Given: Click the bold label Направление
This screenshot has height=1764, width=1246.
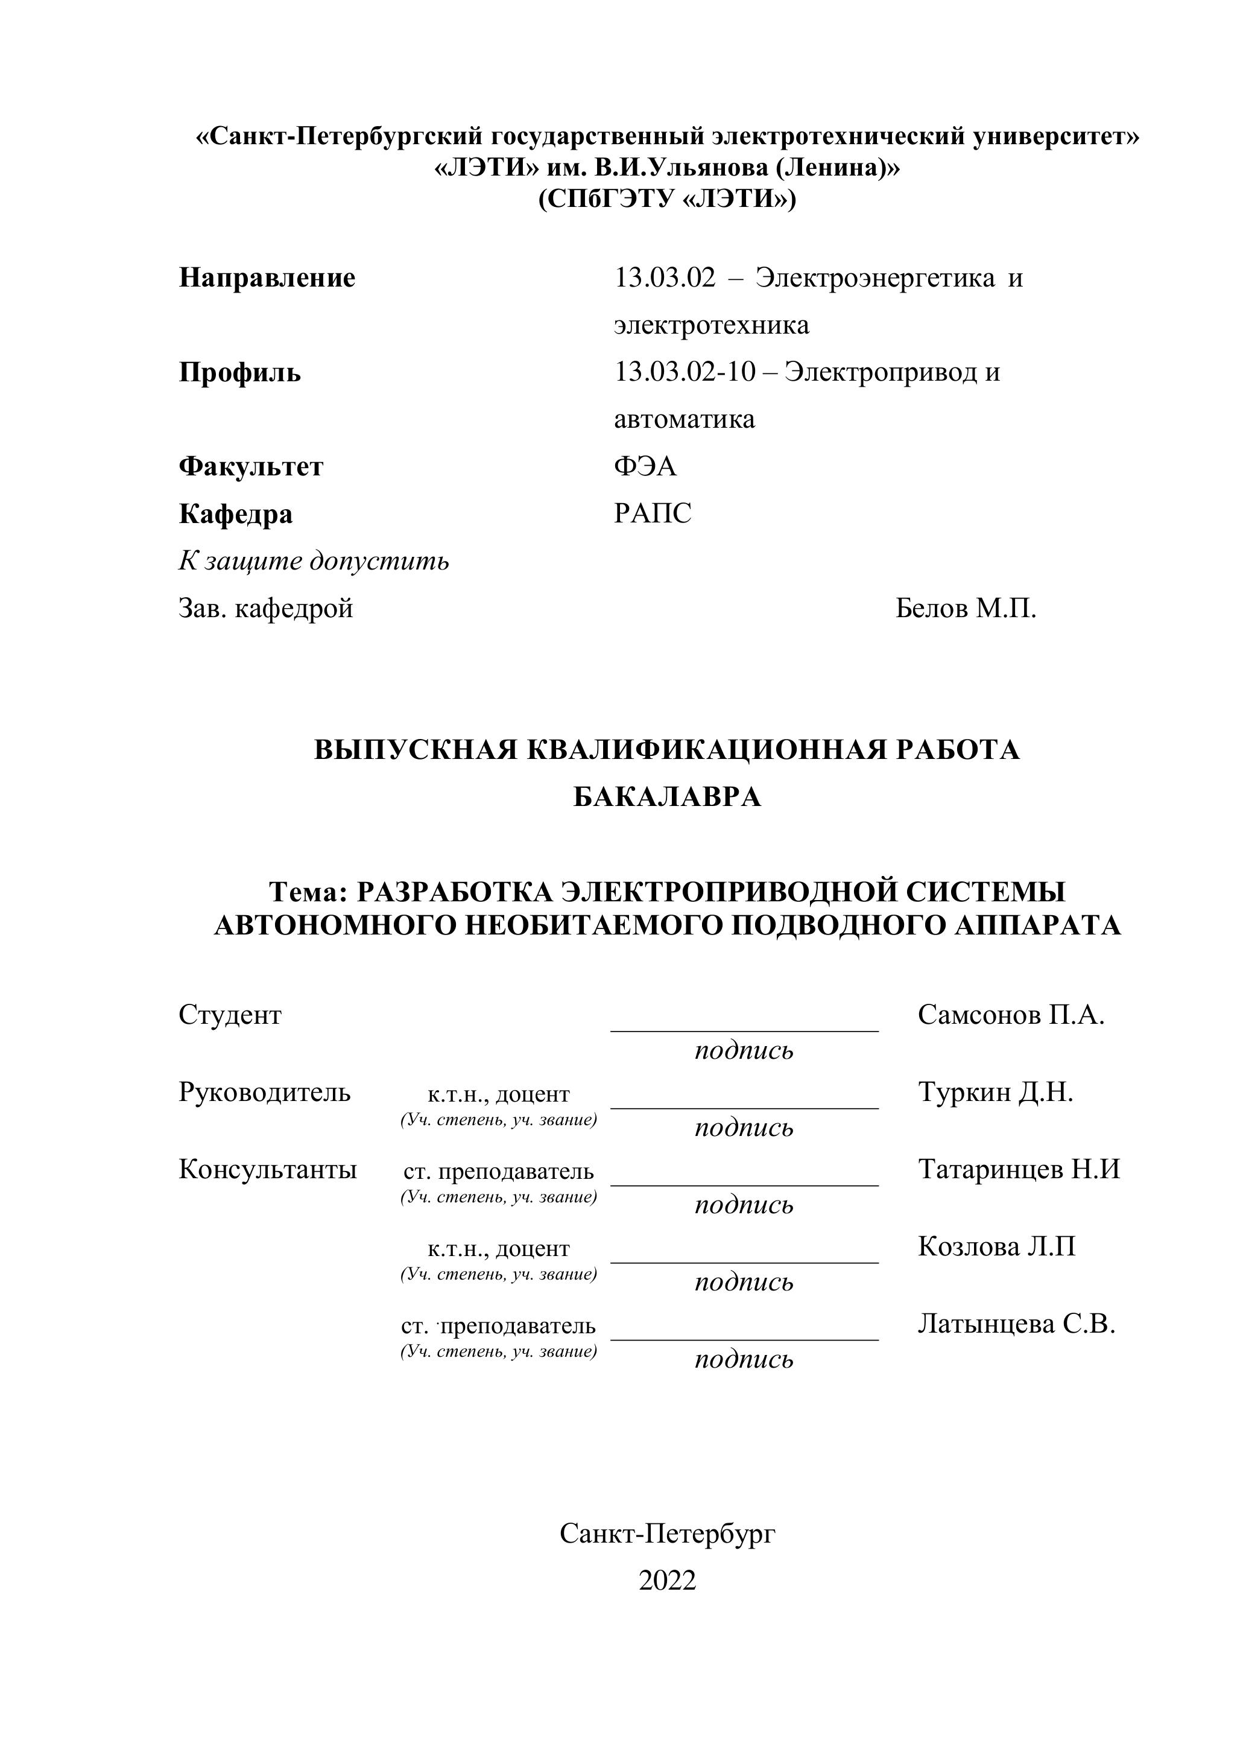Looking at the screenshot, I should pyautogui.click(x=267, y=278).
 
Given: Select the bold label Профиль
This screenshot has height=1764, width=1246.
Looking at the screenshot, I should pyautogui.click(x=239, y=373).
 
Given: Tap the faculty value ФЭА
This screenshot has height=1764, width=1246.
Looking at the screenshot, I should pyautogui.click(x=645, y=466).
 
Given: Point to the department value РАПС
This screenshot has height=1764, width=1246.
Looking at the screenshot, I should pyautogui.click(x=652, y=513).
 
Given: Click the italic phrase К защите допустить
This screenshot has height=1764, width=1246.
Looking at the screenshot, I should pyautogui.click(x=314, y=561).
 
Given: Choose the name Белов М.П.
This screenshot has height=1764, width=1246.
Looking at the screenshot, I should pyautogui.click(x=966, y=609).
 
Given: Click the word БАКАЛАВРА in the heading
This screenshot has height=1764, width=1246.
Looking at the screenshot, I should pyautogui.click(x=667, y=798).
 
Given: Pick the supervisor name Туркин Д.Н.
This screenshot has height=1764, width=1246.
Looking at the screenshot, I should pyautogui.click(x=995, y=1092).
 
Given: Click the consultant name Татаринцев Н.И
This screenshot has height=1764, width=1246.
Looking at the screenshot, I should pyautogui.click(x=1019, y=1169).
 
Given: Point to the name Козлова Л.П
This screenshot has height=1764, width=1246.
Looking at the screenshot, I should pyautogui.click(x=996, y=1246).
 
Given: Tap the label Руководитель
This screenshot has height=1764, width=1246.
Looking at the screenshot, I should pyautogui.click(x=264, y=1092).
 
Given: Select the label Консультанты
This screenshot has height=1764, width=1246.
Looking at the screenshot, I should pyautogui.click(x=267, y=1169).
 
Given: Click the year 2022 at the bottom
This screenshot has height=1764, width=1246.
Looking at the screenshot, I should pyautogui.click(x=667, y=1581).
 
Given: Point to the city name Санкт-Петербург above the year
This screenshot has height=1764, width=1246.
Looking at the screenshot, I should pyautogui.click(x=667, y=1534).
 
